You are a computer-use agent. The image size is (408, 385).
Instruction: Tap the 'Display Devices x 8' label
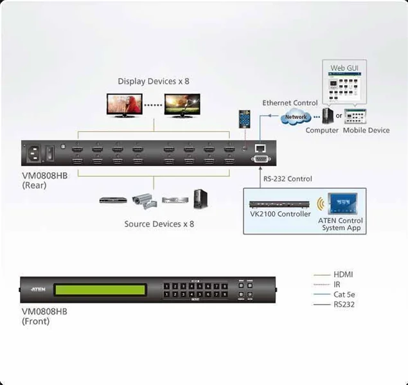[154, 81]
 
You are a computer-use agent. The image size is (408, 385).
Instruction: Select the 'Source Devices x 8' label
[159, 224]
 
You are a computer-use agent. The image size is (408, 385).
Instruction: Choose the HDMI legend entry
[344, 274]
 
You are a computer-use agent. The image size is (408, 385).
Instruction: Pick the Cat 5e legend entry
[344, 294]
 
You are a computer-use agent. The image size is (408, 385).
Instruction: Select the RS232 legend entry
[344, 305]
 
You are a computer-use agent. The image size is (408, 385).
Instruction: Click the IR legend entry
[337, 284]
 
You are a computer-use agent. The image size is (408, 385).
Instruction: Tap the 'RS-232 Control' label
[288, 178]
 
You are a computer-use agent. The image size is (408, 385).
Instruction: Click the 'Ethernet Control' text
[290, 103]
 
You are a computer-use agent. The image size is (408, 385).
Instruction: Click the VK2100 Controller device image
[279, 204]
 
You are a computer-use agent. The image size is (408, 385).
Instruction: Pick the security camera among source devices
[143, 199]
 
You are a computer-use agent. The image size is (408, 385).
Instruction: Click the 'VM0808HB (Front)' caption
[44, 316]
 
